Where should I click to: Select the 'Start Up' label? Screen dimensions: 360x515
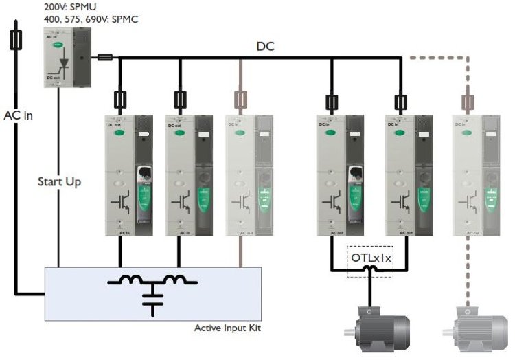click(59, 182)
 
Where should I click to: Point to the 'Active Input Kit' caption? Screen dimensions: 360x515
click(227, 328)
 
